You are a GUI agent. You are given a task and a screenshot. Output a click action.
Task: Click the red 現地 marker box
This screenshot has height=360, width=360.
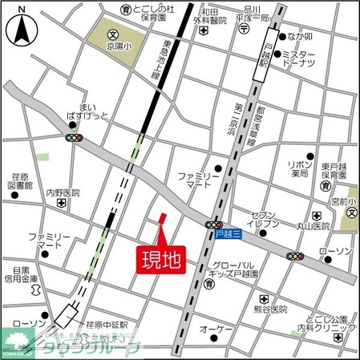pos(160,258)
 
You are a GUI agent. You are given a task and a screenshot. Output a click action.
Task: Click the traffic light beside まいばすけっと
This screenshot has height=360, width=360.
pos(75,138)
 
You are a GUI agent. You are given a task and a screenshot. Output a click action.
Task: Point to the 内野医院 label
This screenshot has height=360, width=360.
pos(63,193)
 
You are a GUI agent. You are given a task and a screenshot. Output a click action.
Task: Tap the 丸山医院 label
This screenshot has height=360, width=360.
pos(312,226)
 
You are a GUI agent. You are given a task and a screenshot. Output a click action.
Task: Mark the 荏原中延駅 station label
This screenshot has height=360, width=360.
pos(107,325)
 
